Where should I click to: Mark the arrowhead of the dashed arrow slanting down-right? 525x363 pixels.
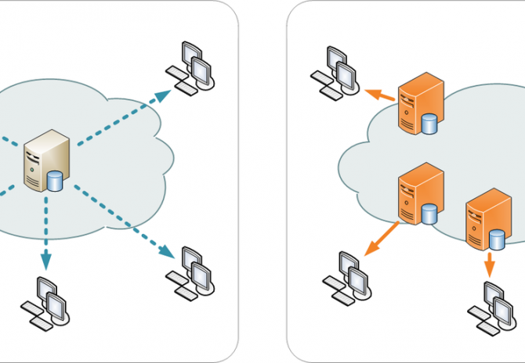pyautogui.click(x=168, y=253)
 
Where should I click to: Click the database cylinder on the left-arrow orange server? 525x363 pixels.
pyautogui.click(x=429, y=123)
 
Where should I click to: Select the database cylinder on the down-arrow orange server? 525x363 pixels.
pyautogui.click(x=495, y=237)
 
